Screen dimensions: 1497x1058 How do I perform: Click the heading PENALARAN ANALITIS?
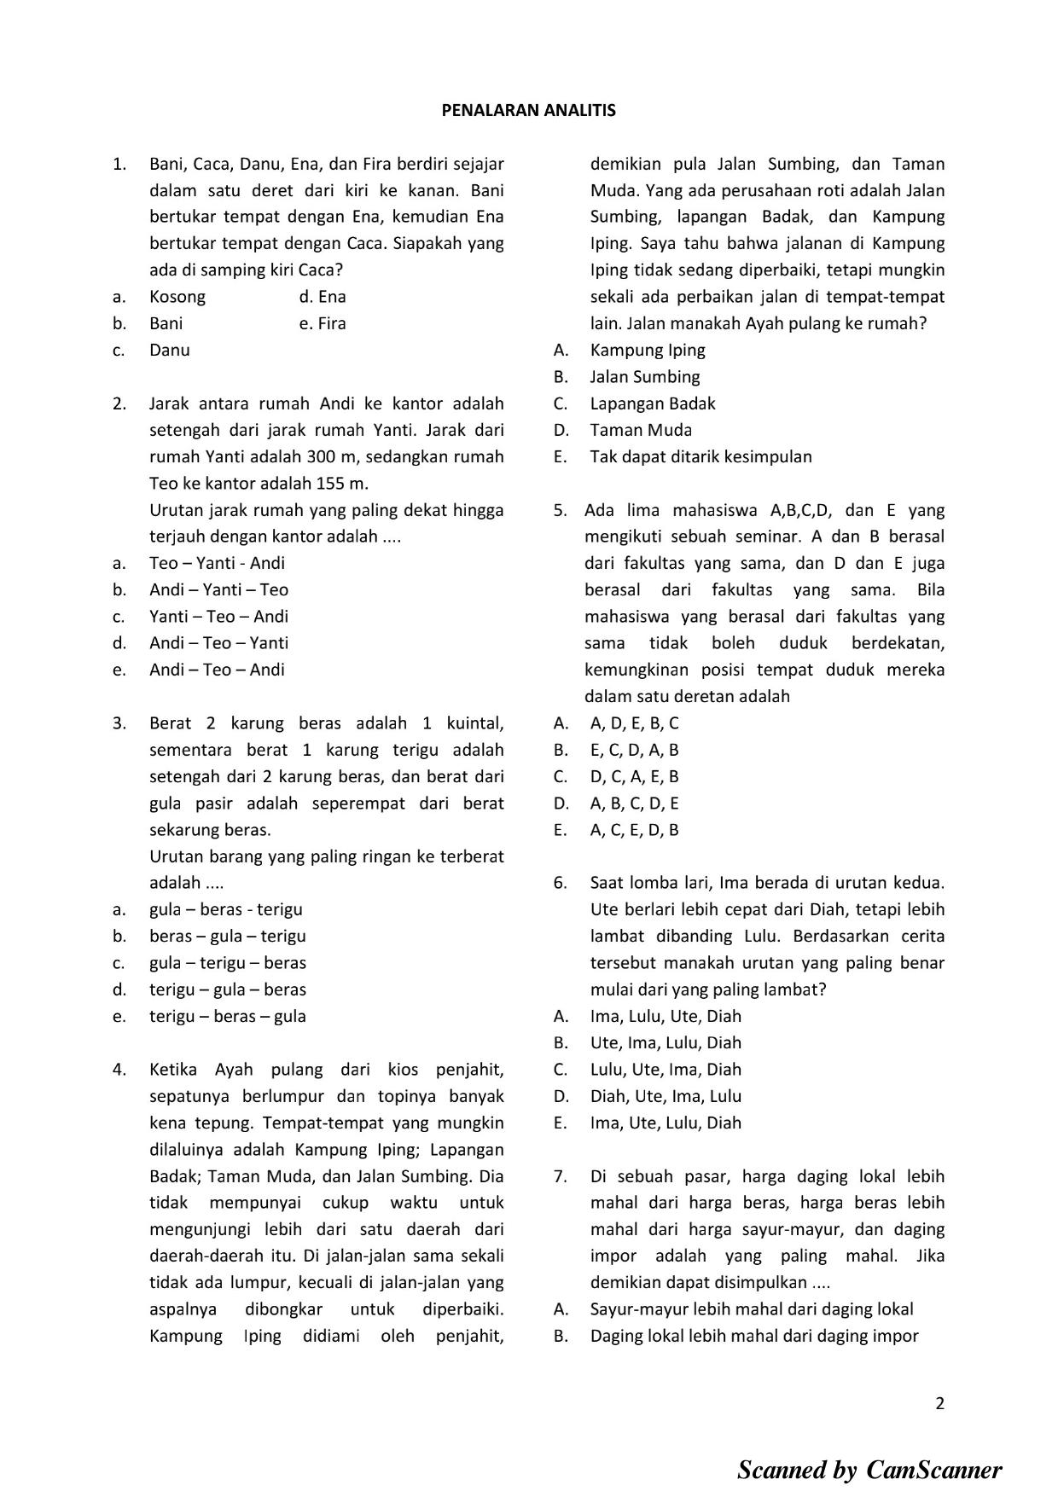point(528,110)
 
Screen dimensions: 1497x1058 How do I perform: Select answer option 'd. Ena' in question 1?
point(323,297)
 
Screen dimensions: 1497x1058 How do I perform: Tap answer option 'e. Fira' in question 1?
point(323,323)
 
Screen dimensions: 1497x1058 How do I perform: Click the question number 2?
point(119,403)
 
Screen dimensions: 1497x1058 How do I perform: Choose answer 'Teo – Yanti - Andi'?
point(217,563)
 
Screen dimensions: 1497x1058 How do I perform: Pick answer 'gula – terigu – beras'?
point(227,963)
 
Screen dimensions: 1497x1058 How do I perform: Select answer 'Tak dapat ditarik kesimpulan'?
point(700,456)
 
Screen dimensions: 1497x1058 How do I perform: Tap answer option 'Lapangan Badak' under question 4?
point(653,403)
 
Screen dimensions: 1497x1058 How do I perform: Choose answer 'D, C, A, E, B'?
point(634,776)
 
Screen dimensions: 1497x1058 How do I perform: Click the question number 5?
point(560,510)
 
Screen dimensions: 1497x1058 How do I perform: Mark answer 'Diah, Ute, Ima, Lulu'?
point(666,1096)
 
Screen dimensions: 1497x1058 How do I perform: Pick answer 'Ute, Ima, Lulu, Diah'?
point(666,1042)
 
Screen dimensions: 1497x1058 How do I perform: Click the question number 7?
point(560,1176)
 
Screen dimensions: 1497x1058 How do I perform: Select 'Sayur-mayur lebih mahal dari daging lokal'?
point(751,1309)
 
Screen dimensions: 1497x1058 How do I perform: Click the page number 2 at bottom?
point(939,1404)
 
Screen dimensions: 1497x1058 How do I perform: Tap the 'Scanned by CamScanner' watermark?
point(869,1470)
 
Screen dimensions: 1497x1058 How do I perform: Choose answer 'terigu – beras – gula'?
point(227,1016)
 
